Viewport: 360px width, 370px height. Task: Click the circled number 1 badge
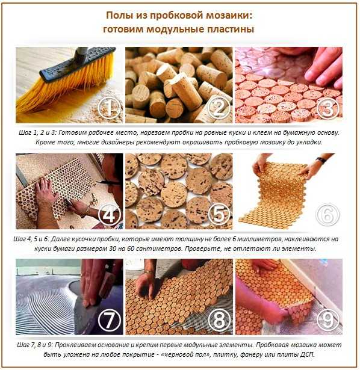110,108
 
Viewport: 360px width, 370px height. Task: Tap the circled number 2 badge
219,108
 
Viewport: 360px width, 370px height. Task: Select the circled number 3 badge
328,108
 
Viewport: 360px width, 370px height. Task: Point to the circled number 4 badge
110,214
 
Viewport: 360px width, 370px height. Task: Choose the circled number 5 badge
219,214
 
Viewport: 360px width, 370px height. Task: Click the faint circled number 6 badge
328,214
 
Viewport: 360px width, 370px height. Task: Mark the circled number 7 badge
110,321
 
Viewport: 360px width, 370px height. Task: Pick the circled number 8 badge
219,321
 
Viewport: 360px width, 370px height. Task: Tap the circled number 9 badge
328,321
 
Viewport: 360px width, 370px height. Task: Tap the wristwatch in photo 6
321,160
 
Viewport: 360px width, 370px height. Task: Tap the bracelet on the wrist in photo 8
148,272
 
